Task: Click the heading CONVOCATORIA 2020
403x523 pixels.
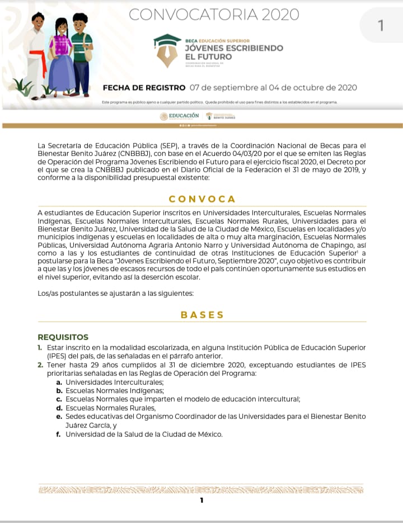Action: (x=214, y=15)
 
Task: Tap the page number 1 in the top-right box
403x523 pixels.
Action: (x=381, y=26)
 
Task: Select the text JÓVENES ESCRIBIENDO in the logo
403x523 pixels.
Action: (x=233, y=48)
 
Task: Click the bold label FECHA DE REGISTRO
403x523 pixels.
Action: (x=144, y=88)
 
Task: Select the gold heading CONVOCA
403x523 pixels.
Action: (x=202, y=199)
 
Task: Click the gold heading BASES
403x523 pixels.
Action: (x=202, y=315)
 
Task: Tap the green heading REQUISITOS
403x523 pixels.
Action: (x=63, y=337)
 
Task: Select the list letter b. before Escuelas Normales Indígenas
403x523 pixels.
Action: (x=59, y=390)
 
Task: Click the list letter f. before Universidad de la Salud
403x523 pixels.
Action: (x=59, y=434)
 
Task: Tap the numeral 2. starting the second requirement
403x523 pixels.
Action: (x=40, y=365)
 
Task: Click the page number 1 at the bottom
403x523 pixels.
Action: (x=202, y=500)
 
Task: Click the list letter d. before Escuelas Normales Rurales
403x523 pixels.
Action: (x=59, y=408)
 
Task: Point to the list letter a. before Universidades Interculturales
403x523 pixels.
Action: (x=59, y=382)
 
